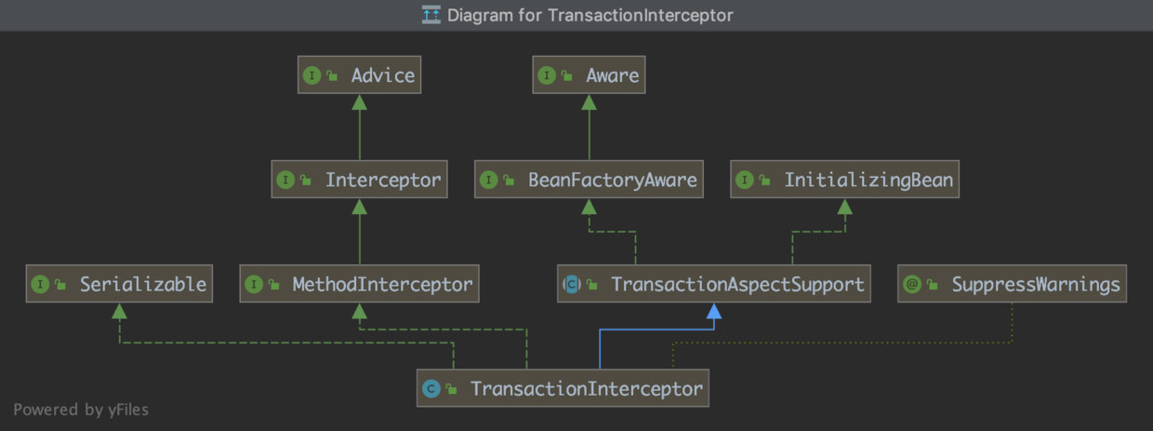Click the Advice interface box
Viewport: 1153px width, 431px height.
point(359,75)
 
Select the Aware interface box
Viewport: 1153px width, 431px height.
point(589,75)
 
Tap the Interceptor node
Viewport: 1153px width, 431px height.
point(359,180)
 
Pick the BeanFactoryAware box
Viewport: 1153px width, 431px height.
point(589,180)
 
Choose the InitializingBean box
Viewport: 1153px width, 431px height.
point(844,180)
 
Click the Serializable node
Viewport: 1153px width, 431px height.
point(119,283)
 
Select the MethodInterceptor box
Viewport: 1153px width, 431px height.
point(359,283)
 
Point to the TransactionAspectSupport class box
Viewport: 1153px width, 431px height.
point(714,283)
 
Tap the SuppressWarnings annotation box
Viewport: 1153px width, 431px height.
point(1012,283)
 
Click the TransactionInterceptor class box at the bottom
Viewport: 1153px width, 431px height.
point(563,388)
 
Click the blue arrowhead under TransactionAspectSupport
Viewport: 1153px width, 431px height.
point(714,311)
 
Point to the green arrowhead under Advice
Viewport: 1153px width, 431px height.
point(359,102)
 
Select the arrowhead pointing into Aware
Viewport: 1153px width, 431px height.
point(589,102)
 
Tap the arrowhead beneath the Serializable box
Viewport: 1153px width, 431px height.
point(119,311)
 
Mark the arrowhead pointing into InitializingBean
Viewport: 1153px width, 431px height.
point(844,207)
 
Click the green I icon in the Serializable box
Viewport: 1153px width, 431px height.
point(40,284)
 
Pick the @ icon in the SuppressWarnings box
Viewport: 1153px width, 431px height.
point(912,284)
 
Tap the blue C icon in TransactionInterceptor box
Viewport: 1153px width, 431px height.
point(431,388)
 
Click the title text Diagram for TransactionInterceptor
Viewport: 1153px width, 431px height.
point(590,15)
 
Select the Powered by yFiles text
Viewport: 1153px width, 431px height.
point(80,409)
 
